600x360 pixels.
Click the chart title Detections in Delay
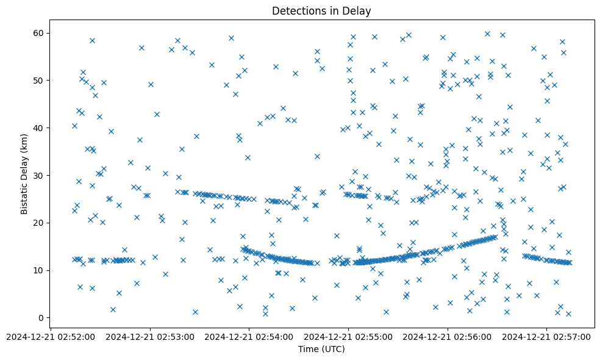(321, 11)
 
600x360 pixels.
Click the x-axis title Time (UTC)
(321, 349)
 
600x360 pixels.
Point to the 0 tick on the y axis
(41, 318)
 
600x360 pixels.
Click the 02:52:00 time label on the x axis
(51, 336)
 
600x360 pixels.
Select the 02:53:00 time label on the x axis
(150, 336)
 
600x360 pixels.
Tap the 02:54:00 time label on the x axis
(249, 336)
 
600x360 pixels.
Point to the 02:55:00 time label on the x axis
(349, 336)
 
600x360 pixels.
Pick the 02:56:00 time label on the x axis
(448, 336)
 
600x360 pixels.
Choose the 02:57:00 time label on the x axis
(547, 336)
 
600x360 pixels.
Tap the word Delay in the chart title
(358, 11)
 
